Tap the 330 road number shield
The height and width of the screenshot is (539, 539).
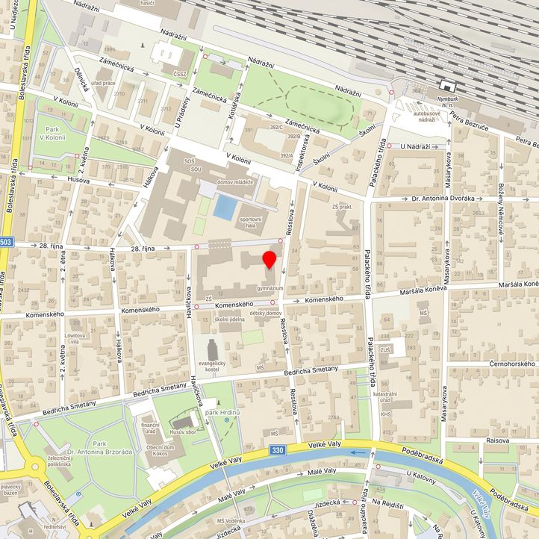pos(278,451)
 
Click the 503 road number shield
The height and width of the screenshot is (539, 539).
pos(6,242)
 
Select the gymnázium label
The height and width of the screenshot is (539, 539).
pos(269,287)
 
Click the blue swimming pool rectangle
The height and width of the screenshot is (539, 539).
pos(223,206)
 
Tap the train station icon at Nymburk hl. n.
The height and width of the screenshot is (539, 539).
pos(447,86)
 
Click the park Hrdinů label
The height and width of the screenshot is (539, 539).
pos(222,412)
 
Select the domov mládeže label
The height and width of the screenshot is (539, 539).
pos(235,182)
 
